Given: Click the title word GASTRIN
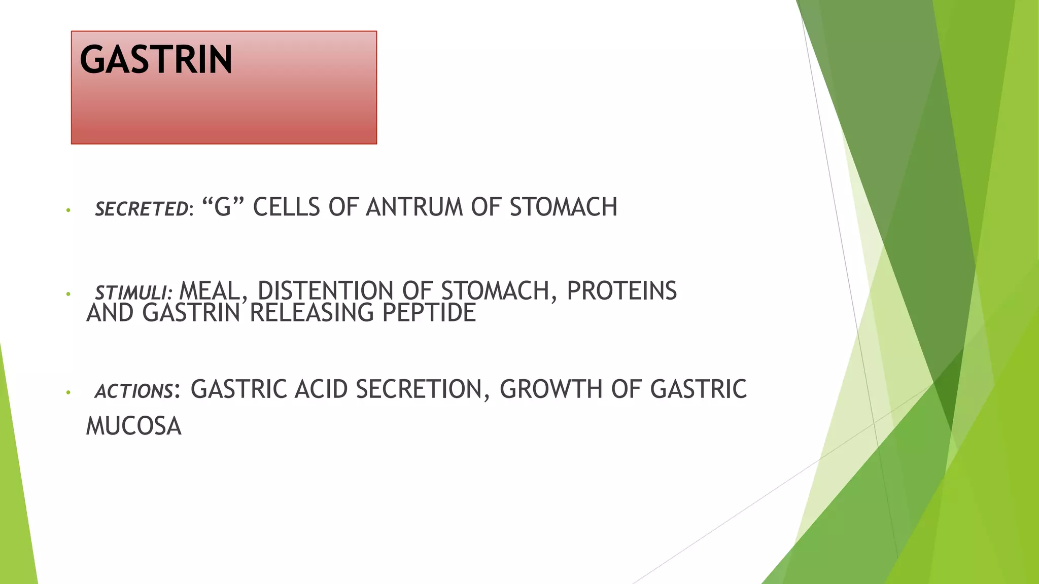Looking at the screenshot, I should [156, 60].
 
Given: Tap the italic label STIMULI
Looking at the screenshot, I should [133, 293].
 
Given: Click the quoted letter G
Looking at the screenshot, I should [223, 207].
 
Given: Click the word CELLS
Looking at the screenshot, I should [286, 207].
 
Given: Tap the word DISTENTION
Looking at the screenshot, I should [325, 291].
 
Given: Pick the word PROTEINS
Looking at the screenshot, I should [621, 291].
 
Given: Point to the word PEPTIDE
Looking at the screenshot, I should [429, 313].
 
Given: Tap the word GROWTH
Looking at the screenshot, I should [550, 389].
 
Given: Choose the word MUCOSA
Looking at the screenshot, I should [134, 426].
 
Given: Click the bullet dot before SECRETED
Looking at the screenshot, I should [68, 210].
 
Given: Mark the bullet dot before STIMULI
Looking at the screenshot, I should [68, 294].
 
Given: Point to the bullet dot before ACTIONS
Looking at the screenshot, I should [68, 392].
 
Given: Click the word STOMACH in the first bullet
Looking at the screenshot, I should [563, 207].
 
